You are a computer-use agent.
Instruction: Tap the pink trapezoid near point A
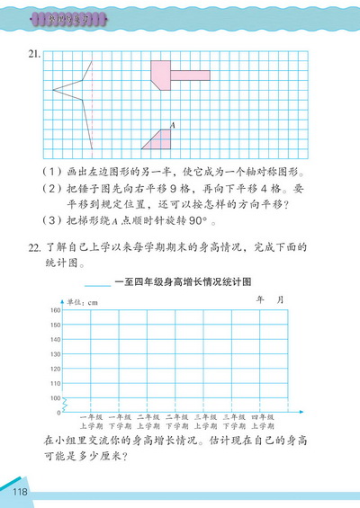pos(158,139)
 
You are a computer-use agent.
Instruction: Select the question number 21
pos(34,55)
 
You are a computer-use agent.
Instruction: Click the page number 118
pos(22,492)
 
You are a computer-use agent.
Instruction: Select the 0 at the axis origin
pos(58,413)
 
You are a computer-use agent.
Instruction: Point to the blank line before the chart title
pos(97,286)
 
